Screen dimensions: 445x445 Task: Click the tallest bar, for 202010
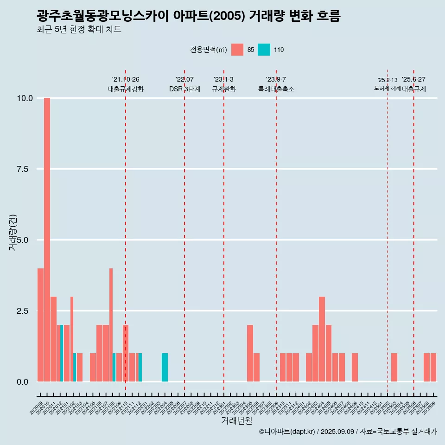point(47,240)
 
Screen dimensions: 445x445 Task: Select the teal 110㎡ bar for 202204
point(165,368)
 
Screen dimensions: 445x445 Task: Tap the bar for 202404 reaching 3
point(322,339)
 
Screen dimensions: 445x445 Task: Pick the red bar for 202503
point(394,368)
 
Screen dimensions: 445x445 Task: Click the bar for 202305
point(250,353)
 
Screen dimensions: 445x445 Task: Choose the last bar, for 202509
point(433,368)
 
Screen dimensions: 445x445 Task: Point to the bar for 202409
point(355,368)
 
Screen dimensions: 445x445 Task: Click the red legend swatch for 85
point(237,50)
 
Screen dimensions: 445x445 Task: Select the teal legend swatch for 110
point(264,50)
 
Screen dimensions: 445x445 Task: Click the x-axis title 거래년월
point(236,420)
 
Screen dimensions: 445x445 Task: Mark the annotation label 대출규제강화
point(126,89)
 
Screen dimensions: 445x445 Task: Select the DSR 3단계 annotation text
point(184,89)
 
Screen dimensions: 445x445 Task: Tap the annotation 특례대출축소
point(276,89)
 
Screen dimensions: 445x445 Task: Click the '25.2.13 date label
point(388,80)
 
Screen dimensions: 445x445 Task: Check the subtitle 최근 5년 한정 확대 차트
point(79,30)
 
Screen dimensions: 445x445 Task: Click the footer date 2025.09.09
point(337,432)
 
